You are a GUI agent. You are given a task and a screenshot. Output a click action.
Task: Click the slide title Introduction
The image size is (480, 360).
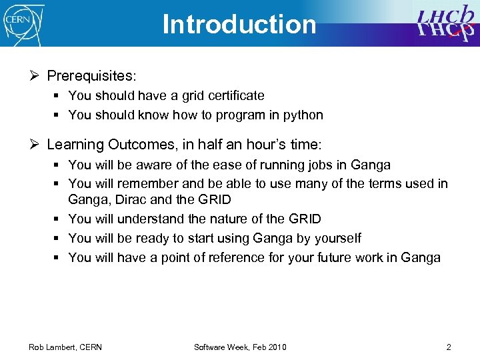coord(239,24)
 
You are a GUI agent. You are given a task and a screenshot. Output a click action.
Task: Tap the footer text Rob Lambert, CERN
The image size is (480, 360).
coord(65,347)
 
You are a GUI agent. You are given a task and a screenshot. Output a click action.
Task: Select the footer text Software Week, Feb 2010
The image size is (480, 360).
coord(240,347)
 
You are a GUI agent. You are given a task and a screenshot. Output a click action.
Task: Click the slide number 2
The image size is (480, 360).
coord(449,347)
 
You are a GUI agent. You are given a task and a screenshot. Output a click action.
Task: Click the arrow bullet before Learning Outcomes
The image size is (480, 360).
coord(34,145)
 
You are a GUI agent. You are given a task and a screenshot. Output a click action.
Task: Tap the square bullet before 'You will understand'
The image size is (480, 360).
coord(58,219)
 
